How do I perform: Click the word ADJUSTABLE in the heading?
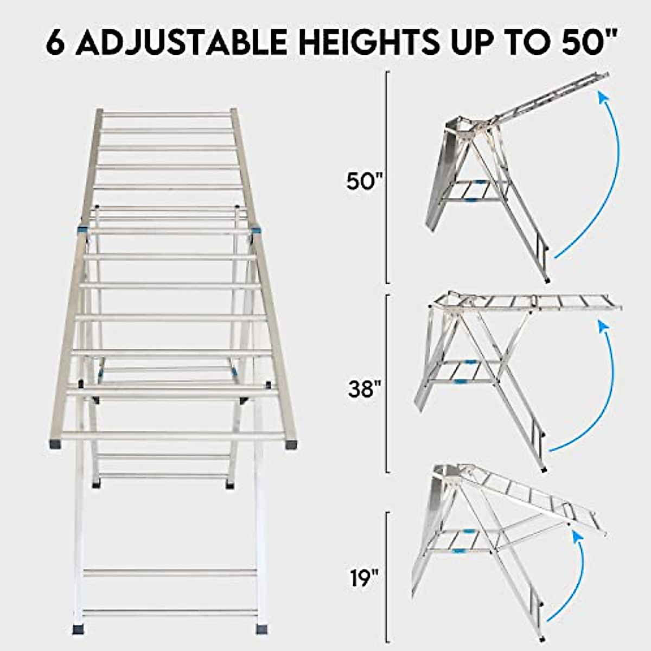tap(181, 42)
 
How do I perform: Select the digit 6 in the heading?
tap(56, 42)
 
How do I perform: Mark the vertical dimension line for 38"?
tap(387, 383)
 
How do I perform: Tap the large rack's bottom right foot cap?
tap(262, 629)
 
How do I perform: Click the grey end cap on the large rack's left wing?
tap(55, 444)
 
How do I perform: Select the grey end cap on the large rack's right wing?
tap(290, 444)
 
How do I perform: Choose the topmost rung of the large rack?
tap(166, 114)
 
